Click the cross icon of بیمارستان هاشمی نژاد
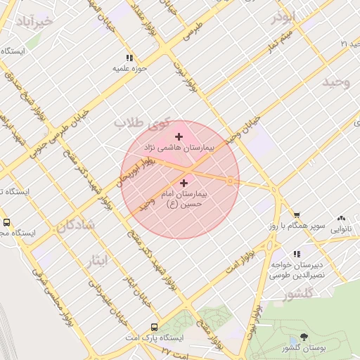pos(179,136)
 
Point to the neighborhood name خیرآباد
pos(32,21)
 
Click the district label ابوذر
pos(285,17)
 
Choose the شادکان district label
pos(72,226)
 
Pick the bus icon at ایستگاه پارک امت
pos(154,327)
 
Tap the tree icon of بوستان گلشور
pos(303,337)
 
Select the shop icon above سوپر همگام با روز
pos(297,215)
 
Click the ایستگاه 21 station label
pos(335,44)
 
